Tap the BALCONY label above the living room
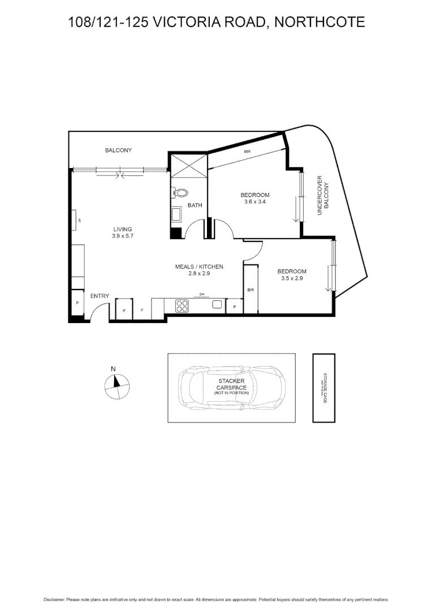118,150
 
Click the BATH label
195,205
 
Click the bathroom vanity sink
176,214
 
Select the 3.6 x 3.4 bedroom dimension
254,201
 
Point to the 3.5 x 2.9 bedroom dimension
292,278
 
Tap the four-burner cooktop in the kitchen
182,306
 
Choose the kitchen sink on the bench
217,304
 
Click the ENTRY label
100,296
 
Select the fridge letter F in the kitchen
142,310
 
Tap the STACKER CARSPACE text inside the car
231,385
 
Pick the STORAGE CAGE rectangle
324,388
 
